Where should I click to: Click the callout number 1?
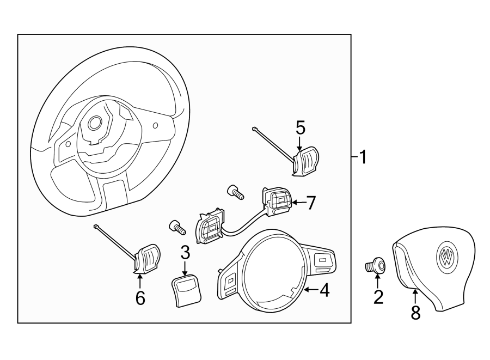click(x=362, y=158)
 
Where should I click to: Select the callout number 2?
click(x=378, y=297)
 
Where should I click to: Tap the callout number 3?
click(x=185, y=252)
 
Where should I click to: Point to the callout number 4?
click(x=324, y=291)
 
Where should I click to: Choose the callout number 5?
click(x=301, y=127)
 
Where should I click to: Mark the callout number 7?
click(x=311, y=203)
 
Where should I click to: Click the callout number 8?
click(x=415, y=312)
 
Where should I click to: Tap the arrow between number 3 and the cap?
click(x=185, y=267)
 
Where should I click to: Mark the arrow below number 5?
click(x=300, y=143)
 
